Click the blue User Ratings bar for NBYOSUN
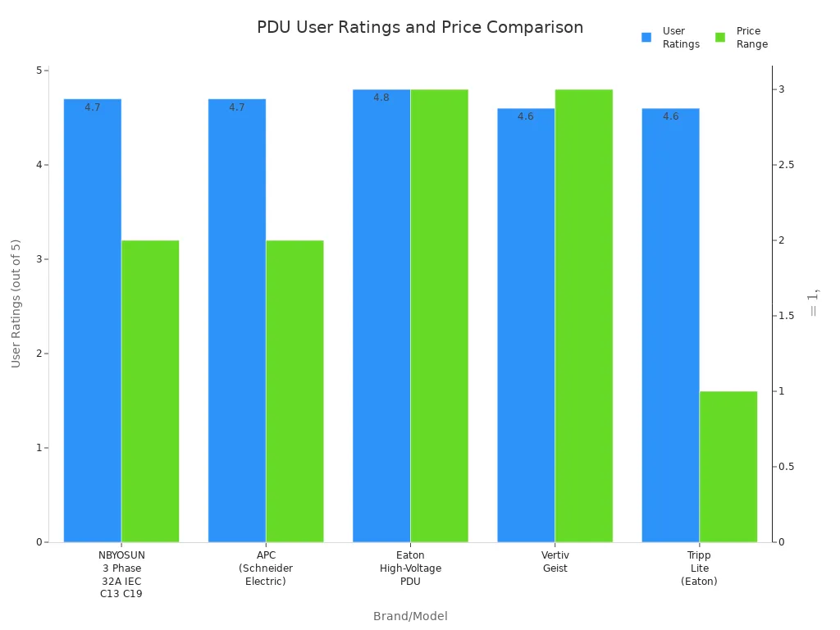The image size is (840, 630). (x=92, y=320)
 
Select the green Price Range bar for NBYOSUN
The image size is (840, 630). (x=150, y=390)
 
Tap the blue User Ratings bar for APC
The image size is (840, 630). (x=236, y=320)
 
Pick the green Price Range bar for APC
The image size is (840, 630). (x=294, y=390)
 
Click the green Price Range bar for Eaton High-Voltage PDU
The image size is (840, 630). (x=439, y=315)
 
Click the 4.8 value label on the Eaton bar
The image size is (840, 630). (x=381, y=98)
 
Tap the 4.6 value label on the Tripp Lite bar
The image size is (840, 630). (x=671, y=116)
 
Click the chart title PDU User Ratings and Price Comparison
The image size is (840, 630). (x=420, y=27)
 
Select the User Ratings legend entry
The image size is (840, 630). (x=671, y=38)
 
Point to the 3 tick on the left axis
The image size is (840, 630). (x=39, y=259)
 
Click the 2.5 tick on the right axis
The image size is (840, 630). (x=787, y=165)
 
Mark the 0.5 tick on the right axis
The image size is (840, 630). (x=787, y=467)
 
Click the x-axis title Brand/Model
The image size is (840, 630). (x=410, y=616)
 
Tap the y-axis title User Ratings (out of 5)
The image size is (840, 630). (x=16, y=304)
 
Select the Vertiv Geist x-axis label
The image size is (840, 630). (x=555, y=562)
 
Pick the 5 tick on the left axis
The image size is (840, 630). (x=39, y=71)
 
